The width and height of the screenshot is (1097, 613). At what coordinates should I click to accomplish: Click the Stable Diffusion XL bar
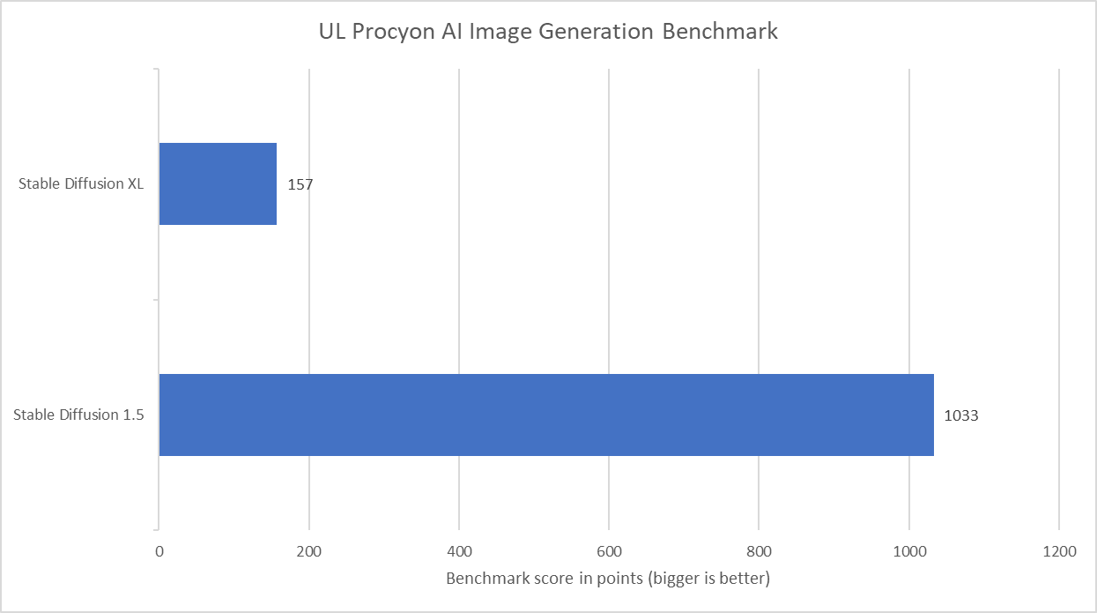pyautogui.click(x=218, y=183)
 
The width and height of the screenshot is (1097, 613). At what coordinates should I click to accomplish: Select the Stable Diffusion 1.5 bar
pyautogui.click(x=546, y=415)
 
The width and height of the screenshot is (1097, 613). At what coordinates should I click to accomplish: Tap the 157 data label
pyautogui.click(x=300, y=185)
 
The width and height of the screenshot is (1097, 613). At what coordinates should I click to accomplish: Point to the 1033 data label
pyautogui.click(x=960, y=415)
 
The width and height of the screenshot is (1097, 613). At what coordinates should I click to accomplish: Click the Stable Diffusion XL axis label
pyautogui.click(x=80, y=184)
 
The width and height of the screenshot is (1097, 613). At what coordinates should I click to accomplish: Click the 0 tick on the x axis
pyautogui.click(x=159, y=552)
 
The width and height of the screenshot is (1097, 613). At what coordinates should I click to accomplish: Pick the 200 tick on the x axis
pyautogui.click(x=309, y=552)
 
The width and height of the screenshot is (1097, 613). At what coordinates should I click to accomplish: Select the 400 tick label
pyautogui.click(x=459, y=552)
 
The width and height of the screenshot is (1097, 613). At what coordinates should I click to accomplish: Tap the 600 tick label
pyautogui.click(x=609, y=552)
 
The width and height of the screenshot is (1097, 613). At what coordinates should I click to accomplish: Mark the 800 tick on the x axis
pyautogui.click(x=759, y=552)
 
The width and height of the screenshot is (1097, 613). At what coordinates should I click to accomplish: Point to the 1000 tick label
pyautogui.click(x=908, y=552)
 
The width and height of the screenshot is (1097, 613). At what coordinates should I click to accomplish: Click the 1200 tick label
pyautogui.click(x=1058, y=552)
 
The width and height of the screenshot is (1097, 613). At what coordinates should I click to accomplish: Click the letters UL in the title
pyautogui.click(x=330, y=32)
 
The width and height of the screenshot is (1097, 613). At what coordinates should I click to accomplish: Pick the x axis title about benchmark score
pyautogui.click(x=608, y=579)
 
